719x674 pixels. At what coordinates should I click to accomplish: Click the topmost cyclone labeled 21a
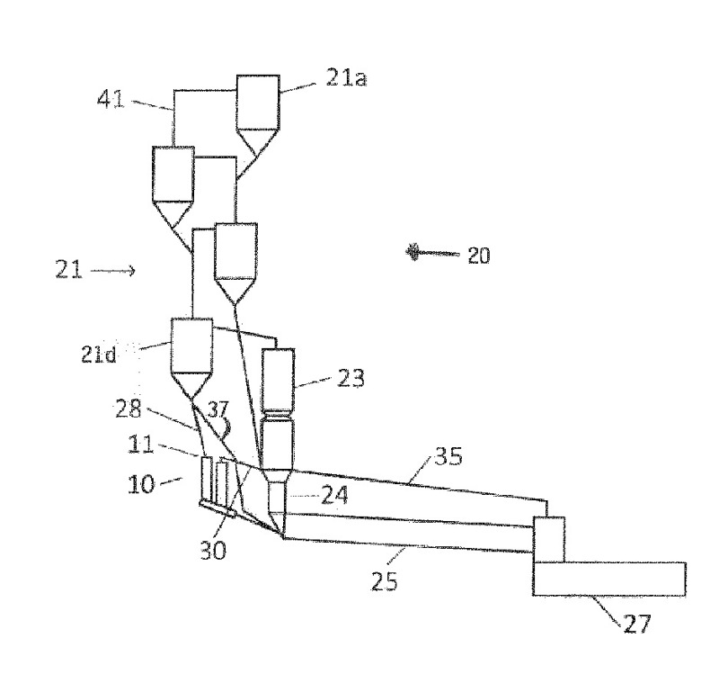click(x=257, y=101)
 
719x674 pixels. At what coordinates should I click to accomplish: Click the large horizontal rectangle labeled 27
click(x=608, y=579)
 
